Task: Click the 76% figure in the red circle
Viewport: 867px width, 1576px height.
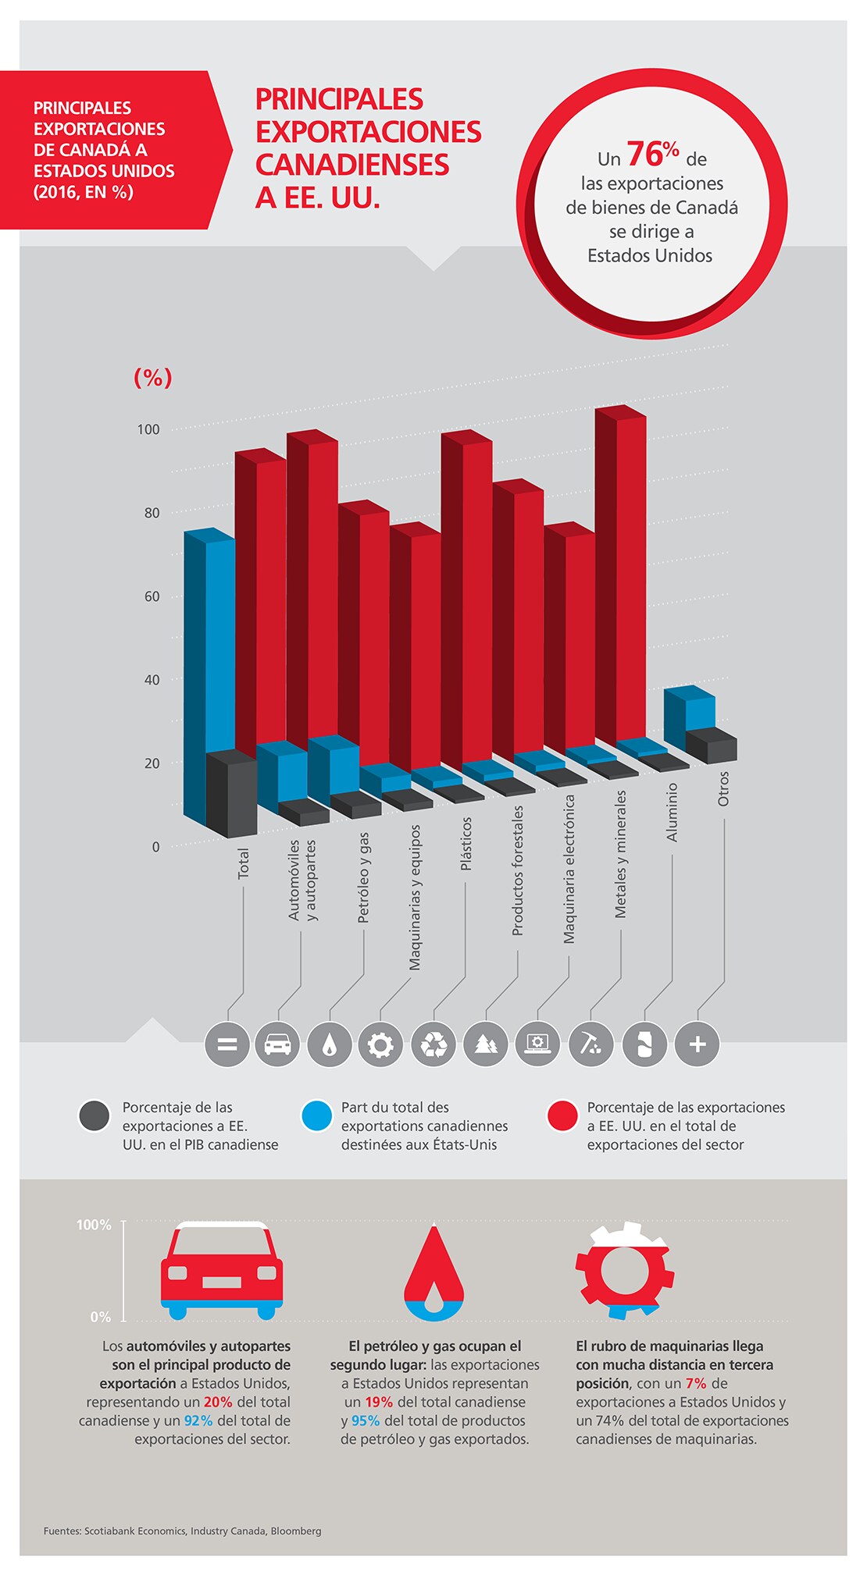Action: point(652,154)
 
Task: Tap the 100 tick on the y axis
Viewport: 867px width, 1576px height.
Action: point(148,429)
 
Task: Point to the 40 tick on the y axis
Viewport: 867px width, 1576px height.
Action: point(152,680)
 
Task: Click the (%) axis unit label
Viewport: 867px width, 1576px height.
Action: point(153,378)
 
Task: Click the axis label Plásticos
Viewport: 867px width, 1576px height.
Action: point(466,844)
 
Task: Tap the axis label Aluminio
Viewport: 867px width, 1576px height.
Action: point(672,812)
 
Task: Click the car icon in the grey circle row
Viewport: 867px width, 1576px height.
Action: point(277,1044)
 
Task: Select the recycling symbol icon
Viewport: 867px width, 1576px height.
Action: point(433,1044)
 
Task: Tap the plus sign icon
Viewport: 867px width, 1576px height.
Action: point(698,1044)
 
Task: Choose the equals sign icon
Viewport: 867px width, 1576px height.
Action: point(227,1044)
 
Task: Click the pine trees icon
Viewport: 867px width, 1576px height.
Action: point(486,1044)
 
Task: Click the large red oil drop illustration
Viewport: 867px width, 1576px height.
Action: point(433,1272)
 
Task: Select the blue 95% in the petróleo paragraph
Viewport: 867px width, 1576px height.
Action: point(366,1421)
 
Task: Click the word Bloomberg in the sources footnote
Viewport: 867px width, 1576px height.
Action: point(295,1532)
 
